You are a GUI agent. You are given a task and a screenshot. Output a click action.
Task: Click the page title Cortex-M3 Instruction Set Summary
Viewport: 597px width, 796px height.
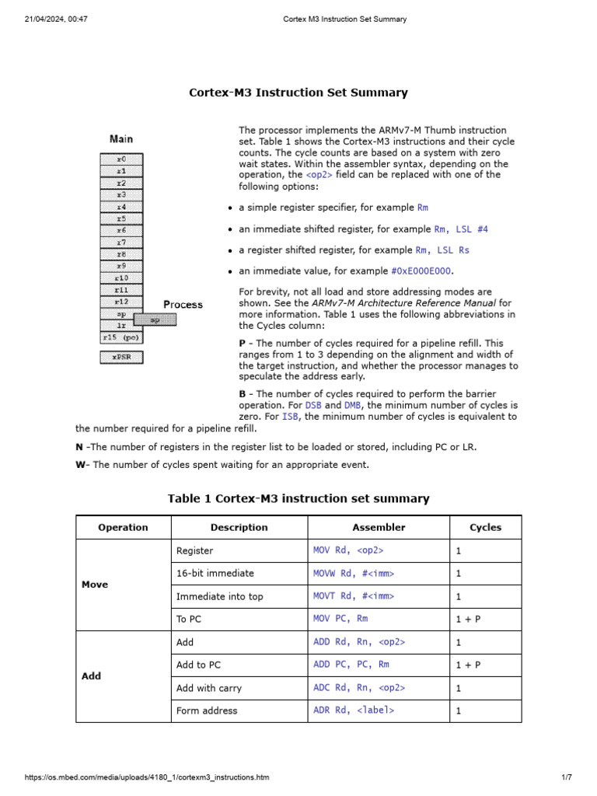(x=298, y=93)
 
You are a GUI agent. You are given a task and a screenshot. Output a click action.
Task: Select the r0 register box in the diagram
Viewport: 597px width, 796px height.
(x=121, y=158)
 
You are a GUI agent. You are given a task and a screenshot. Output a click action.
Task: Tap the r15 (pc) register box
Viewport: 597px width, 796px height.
(x=120, y=338)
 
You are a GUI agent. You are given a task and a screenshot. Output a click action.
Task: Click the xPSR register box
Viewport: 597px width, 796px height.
(x=120, y=358)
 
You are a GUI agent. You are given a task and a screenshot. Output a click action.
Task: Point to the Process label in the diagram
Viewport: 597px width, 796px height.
(x=183, y=304)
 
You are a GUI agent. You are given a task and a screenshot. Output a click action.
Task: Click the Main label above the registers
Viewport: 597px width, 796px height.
(x=121, y=139)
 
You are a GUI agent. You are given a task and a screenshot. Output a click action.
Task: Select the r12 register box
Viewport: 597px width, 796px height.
(x=121, y=301)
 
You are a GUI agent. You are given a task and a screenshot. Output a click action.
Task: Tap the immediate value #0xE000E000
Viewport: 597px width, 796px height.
(x=421, y=271)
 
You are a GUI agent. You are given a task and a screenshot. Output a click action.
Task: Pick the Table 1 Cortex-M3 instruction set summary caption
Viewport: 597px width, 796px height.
(x=298, y=498)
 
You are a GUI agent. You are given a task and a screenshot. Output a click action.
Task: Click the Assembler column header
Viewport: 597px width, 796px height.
(x=379, y=527)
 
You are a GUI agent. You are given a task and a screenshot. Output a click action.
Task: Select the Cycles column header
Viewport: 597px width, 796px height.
(x=485, y=527)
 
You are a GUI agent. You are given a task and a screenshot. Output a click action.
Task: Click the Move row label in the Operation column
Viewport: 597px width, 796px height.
(x=95, y=585)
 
